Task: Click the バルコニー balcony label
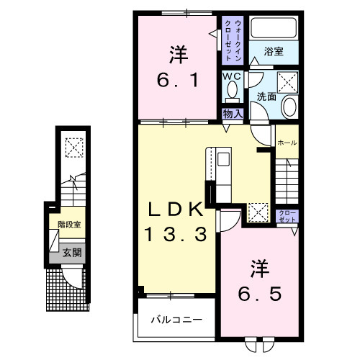(x=176, y=320)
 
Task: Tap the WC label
(x=232, y=76)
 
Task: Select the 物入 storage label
(x=232, y=113)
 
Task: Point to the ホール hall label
(x=286, y=143)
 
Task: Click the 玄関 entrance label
(x=71, y=253)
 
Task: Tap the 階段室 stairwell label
(x=69, y=225)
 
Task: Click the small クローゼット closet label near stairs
(x=286, y=216)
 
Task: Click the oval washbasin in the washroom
(x=289, y=108)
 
